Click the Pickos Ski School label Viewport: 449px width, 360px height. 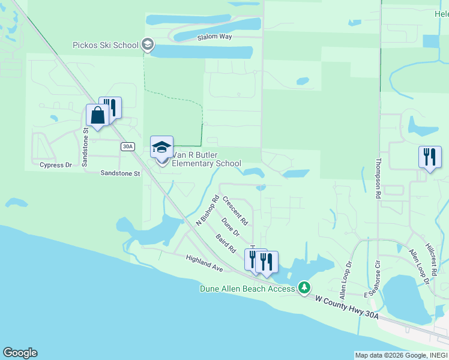pos(105,45)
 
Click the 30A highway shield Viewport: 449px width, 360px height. pos(127,146)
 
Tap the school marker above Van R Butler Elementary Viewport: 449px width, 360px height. pos(161,146)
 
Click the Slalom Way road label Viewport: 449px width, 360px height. pos(214,37)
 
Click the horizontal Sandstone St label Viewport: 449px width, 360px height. pos(120,173)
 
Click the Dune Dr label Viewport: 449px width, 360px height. pos(231,226)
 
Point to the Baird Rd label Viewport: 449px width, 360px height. pos(226,242)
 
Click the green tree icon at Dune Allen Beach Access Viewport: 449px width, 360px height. pos(305,289)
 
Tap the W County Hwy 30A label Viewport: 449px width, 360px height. pos(348,307)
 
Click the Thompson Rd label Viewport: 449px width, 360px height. pos(379,179)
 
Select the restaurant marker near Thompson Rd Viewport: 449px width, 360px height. pos(430,157)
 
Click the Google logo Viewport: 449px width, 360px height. pos(20,353)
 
